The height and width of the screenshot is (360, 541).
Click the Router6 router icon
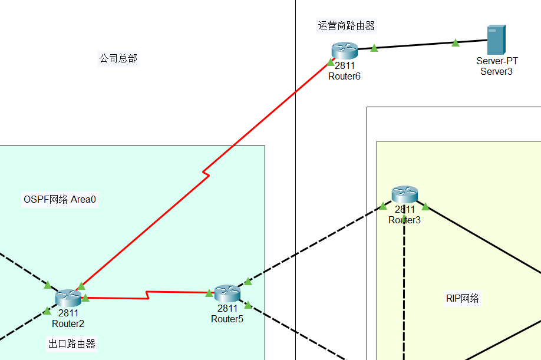click(345, 51)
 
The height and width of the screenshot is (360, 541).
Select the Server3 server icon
click(496, 40)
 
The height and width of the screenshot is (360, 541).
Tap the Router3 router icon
click(405, 194)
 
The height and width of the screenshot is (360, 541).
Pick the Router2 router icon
click(68, 298)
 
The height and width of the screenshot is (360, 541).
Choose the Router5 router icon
click(227, 293)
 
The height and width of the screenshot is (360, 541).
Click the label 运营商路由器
click(347, 26)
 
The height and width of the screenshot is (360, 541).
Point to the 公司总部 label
click(118, 58)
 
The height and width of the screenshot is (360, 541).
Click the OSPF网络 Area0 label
click(60, 199)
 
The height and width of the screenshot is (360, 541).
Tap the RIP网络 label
click(463, 298)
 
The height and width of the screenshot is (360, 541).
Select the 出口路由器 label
click(72, 344)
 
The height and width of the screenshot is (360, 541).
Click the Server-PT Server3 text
click(497, 66)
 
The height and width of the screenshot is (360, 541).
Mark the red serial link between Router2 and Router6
click(203, 172)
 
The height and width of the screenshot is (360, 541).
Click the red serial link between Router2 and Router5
click(147, 295)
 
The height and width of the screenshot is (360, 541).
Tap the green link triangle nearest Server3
click(455, 42)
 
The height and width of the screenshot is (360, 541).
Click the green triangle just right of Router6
click(374, 48)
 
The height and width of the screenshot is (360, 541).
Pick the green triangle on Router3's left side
click(383, 206)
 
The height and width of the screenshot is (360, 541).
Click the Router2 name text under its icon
click(68, 323)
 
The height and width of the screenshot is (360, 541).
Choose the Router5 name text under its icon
click(227, 319)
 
